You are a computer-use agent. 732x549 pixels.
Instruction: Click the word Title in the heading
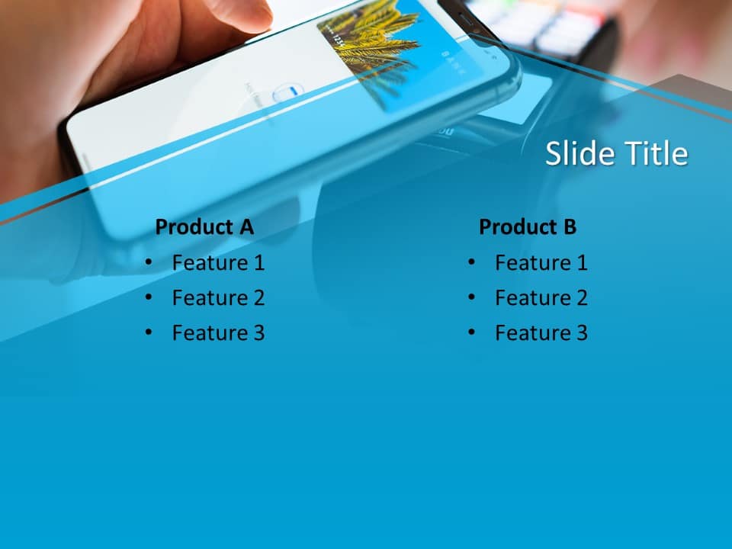pos(657,154)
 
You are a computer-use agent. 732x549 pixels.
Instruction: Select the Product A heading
pos(204,226)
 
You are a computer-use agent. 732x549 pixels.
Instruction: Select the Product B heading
pos(528,226)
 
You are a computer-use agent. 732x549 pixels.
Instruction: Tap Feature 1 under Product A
pos(218,263)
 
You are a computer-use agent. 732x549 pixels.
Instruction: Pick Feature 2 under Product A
pos(218,298)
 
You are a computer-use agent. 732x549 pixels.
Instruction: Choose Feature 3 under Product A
pos(218,333)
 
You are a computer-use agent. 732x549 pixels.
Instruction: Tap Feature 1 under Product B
pos(541,263)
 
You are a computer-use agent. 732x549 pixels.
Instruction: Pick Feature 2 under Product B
pos(541,298)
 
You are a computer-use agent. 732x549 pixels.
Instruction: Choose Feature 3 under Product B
pos(541,333)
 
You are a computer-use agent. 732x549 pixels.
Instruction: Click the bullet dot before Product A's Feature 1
pos(148,262)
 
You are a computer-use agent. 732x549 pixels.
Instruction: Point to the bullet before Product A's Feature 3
pos(148,332)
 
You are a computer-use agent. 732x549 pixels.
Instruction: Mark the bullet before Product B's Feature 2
pos(471,297)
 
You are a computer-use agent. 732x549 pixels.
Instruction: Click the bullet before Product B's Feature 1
pos(471,262)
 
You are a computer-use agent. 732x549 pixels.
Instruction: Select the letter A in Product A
pos(246,226)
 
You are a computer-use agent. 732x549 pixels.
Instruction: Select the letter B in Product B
pos(569,226)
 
